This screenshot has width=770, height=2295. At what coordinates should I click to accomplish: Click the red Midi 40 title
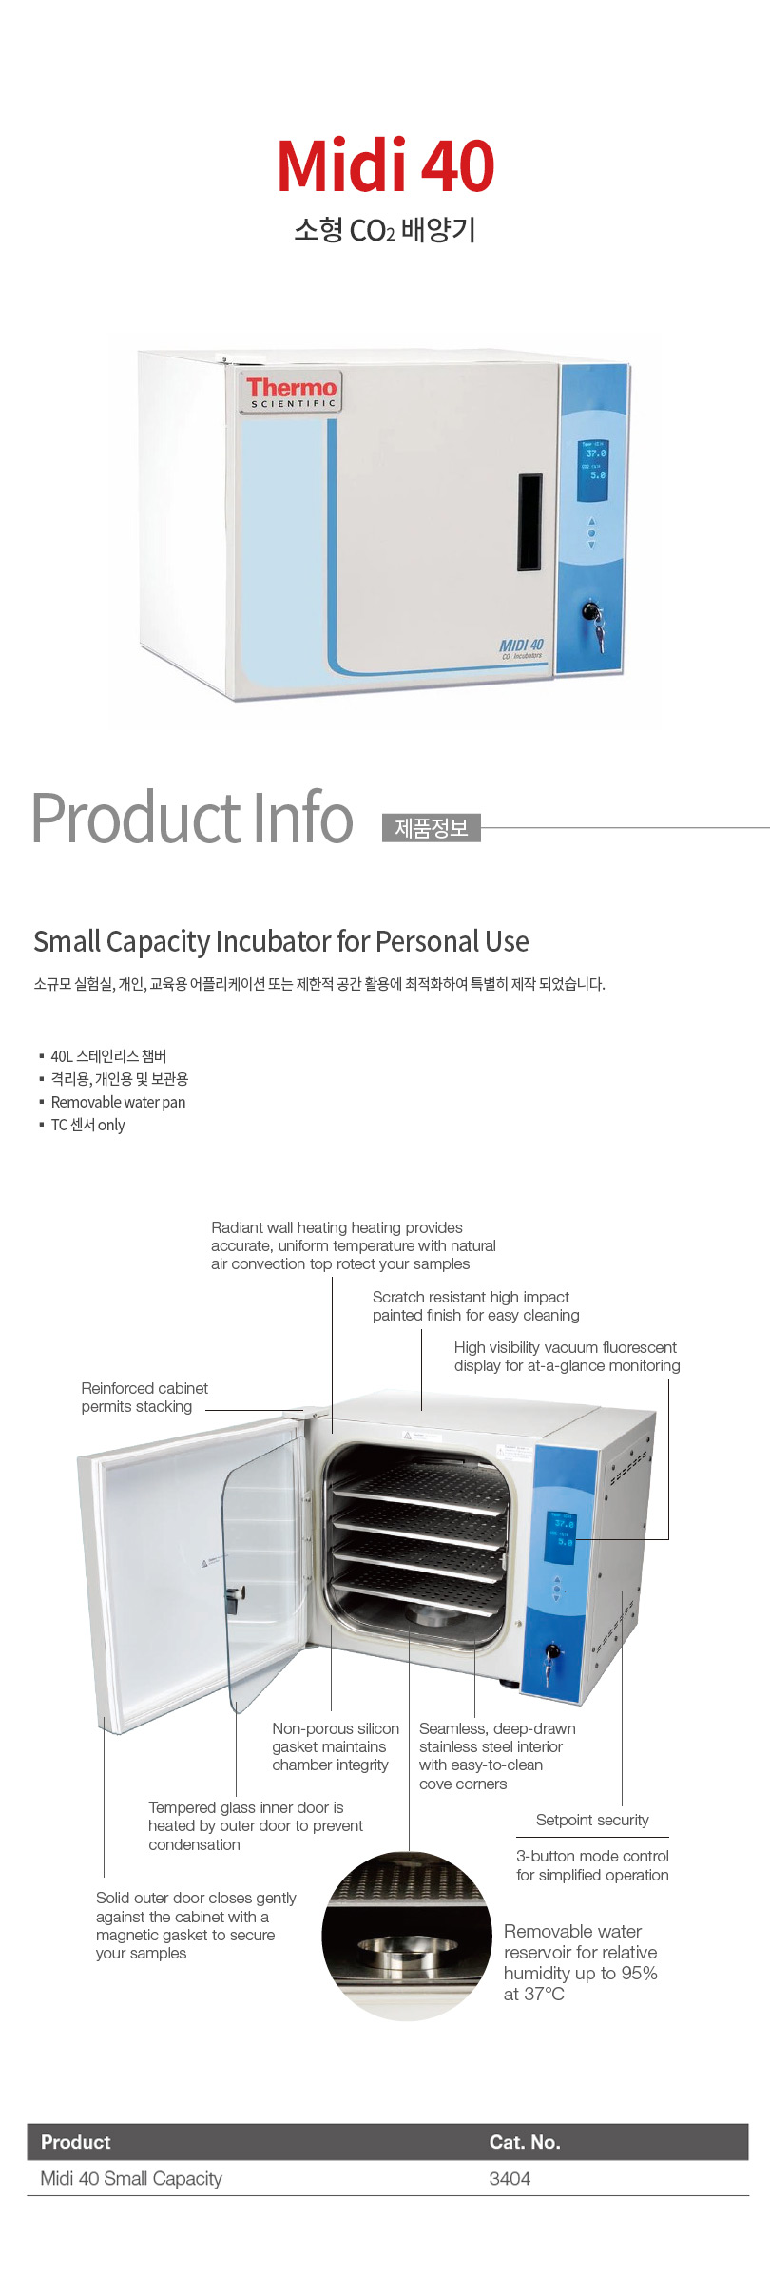pyautogui.click(x=385, y=166)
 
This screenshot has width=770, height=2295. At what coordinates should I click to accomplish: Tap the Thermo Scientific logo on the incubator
pyautogui.click(x=291, y=391)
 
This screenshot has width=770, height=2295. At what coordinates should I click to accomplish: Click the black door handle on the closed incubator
pyautogui.click(x=529, y=522)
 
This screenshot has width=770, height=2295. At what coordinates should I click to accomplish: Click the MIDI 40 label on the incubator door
pyautogui.click(x=522, y=647)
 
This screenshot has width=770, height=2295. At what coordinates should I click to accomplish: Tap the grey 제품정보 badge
pyautogui.click(x=432, y=828)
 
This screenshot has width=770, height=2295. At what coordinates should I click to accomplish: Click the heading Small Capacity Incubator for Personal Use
pyautogui.click(x=281, y=941)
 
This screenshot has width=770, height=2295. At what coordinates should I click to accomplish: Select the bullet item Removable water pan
pyautogui.click(x=118, y=1102)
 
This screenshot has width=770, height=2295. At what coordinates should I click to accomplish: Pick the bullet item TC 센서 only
pyautogui.click(x=87, y=1125)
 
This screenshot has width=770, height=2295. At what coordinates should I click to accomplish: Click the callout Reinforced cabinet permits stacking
pyautogui.click(x=144, y=1398)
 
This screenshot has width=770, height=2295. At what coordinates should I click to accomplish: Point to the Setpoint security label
pyautogui.click(x=592, y=1820)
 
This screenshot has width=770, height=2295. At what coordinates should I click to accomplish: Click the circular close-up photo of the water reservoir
pyautogui.click(x=407, y=1936)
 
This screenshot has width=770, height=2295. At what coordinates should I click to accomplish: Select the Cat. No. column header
pyautogui.click(x=525, y=2142)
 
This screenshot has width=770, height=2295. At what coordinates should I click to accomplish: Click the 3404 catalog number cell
pyautogui.click(x=510, y=2178)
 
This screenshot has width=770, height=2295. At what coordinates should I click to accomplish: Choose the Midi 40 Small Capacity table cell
pyautogui.click(x=131, y=2178)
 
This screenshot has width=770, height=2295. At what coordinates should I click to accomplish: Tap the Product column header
pyautogui.click(x=76, y=2142)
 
